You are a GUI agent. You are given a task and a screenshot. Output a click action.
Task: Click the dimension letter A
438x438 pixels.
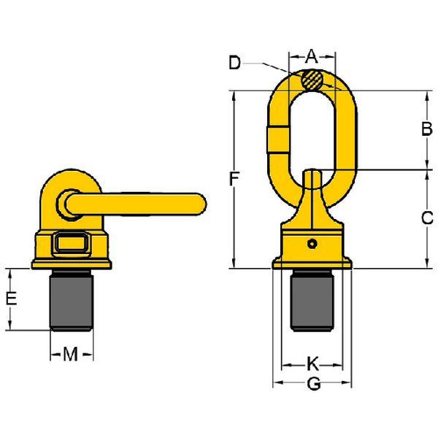(312, 56)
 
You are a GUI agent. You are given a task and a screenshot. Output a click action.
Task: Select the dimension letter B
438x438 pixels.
(426, 128)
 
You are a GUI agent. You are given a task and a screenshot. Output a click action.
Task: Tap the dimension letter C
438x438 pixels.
(427, 218)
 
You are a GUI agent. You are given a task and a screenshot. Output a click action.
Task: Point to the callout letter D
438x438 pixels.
(234, 63)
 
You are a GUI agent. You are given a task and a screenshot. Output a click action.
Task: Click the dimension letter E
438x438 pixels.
(12, 298)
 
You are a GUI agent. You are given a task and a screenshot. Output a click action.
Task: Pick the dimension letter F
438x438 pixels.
(234, 179)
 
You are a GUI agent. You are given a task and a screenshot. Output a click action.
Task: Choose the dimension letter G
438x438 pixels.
(314, 384)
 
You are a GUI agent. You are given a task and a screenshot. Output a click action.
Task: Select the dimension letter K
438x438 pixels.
(312, 364)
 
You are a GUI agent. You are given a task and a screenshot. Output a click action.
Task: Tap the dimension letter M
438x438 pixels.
(70, 354)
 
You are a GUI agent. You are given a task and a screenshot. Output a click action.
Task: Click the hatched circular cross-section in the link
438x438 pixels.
(312, 80)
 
